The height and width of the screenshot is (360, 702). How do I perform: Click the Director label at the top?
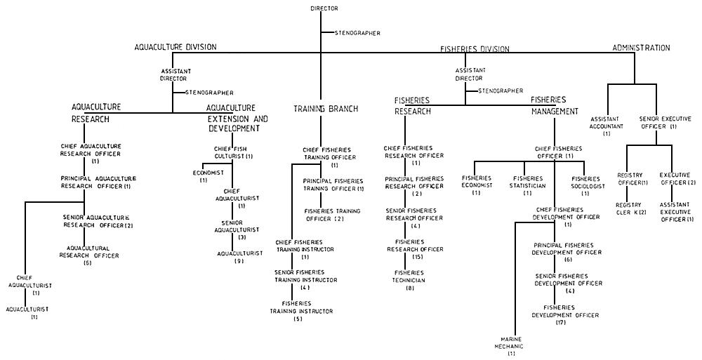tap(324, 8)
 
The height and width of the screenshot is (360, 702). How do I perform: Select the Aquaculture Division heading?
tap(175, 47)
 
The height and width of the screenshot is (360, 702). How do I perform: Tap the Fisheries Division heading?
tap(475, 49)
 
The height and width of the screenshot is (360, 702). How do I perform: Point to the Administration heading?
tap(641, 48)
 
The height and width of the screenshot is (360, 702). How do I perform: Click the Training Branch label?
tap(326, 109)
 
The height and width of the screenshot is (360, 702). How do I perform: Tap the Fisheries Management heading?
tap(555, 105)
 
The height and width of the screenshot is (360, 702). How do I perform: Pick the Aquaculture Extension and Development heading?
tap(237, 118)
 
